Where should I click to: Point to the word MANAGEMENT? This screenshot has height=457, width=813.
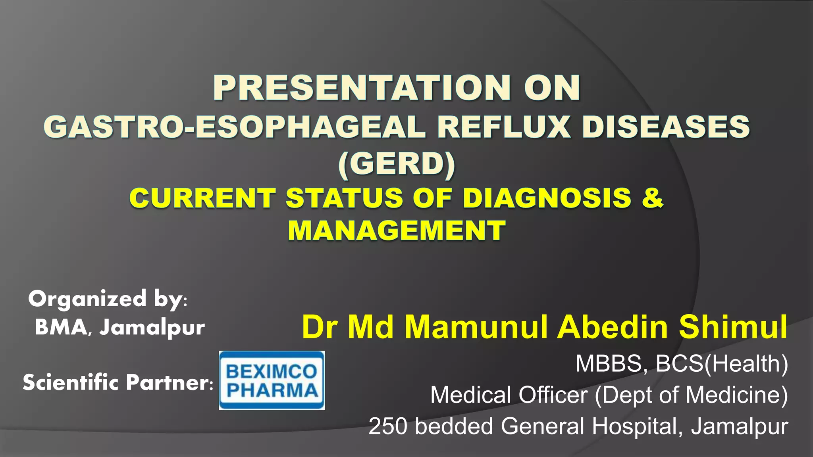(x=397, y=230)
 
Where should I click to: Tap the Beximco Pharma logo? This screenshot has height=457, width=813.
(x=272, y=380)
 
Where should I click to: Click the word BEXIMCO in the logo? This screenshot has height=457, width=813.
(x=272, y=372)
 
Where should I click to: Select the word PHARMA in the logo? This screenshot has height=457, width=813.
(x=272, y=390)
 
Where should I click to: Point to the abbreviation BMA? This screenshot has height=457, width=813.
(x=61, y=328)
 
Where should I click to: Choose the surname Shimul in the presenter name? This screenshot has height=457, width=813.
(x=733, y=327)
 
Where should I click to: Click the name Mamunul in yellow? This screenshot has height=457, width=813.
(x=476, y=327)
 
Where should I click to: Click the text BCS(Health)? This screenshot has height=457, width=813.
(x=722, y=363)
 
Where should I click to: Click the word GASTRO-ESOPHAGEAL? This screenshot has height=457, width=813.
(x=235, y=127)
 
